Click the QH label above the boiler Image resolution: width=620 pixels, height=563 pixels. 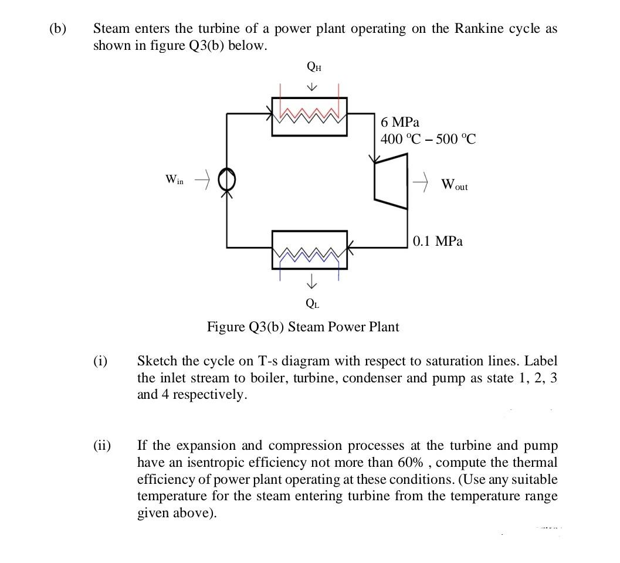313,67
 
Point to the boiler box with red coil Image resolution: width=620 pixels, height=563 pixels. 309,117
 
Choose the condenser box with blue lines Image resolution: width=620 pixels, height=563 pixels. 310,249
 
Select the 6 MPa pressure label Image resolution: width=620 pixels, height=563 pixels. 400,123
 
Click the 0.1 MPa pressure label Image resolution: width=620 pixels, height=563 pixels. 438,241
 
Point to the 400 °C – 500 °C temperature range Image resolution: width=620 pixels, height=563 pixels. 428,140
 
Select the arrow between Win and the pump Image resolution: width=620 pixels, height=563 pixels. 202,179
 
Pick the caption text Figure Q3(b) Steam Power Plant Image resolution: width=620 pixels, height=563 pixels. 303,327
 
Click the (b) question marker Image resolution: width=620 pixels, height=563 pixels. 58,28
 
